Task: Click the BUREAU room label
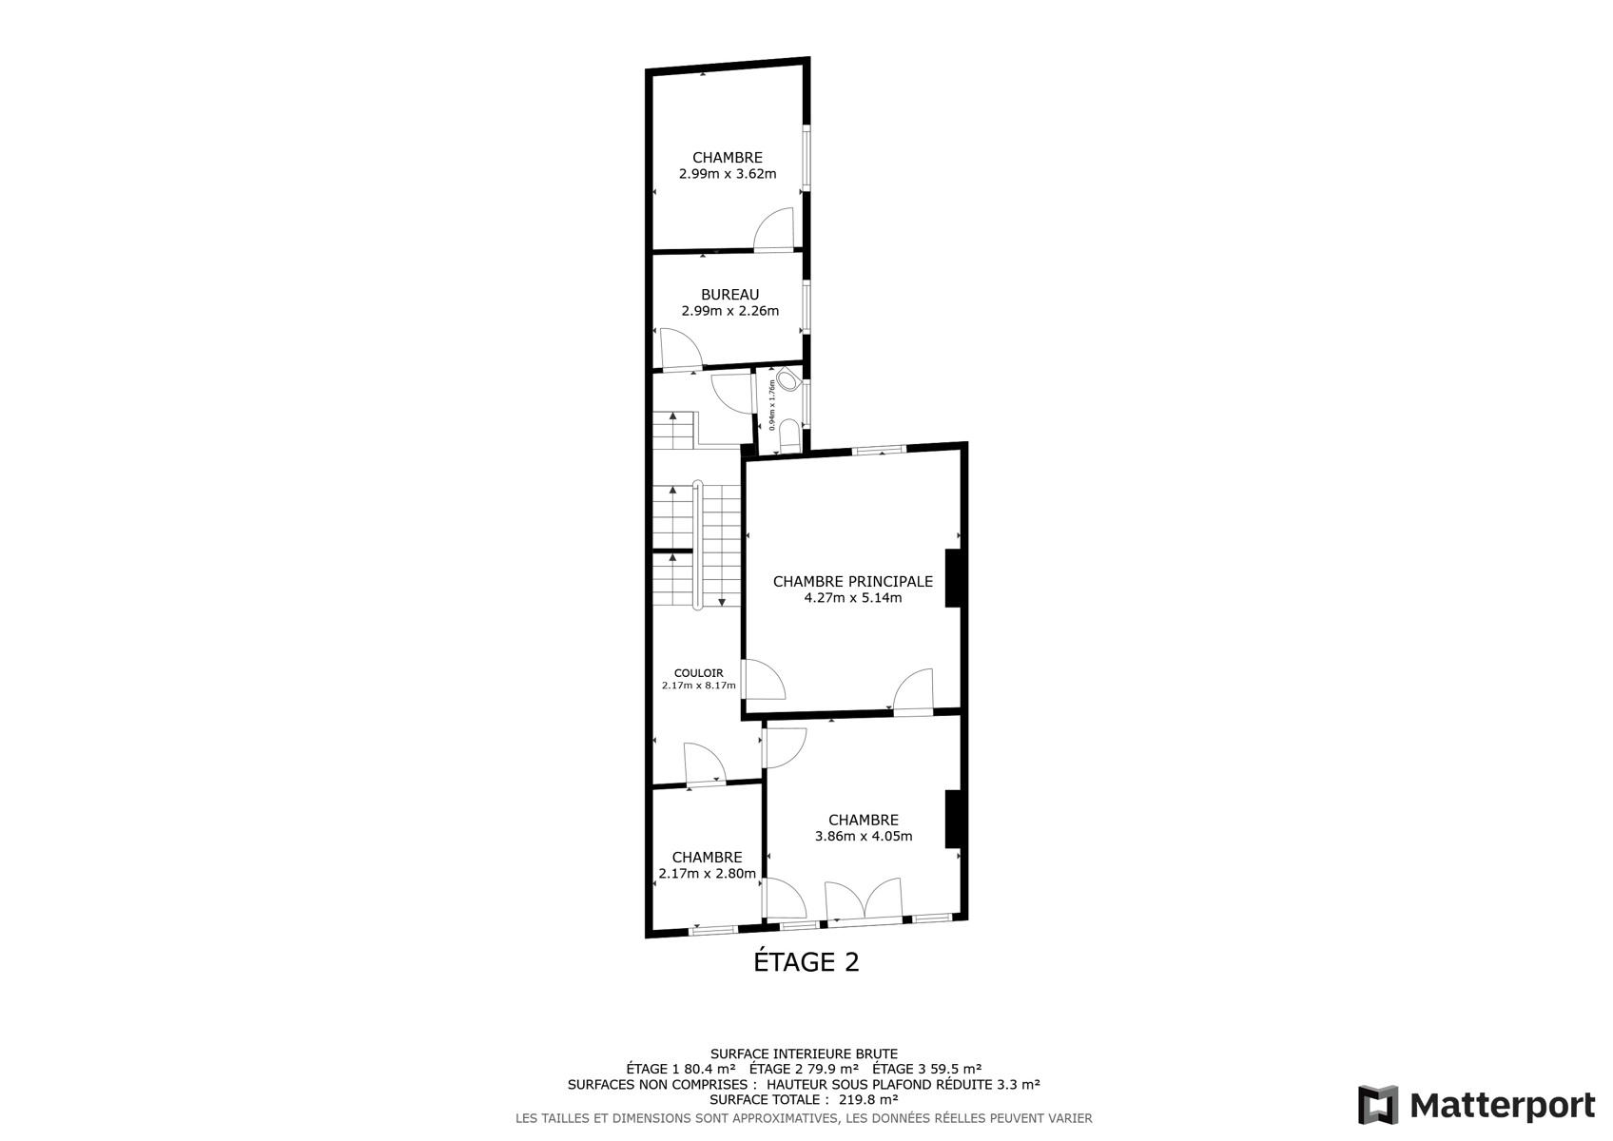(730, 295)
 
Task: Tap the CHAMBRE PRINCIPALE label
(852, 581)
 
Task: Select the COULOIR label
(698, 673)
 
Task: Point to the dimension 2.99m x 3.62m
(728, 173)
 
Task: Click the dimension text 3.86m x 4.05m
(864, 836)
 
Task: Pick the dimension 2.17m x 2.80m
(708, 873)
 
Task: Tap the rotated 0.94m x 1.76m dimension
(772, 405)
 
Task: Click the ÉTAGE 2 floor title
(806, 961)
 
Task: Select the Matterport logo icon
(1378, 1104)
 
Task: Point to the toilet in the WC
(790, 379)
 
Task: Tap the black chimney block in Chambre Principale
(953, 578)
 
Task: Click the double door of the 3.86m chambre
(864, 899)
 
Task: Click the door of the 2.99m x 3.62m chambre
(773, 230)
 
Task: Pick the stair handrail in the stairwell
(697, 545)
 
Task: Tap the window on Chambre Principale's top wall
(879, 451)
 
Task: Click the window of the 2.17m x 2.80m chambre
(713, 929)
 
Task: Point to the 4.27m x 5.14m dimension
(852, 597)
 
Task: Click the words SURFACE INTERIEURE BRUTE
(805, 1054)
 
